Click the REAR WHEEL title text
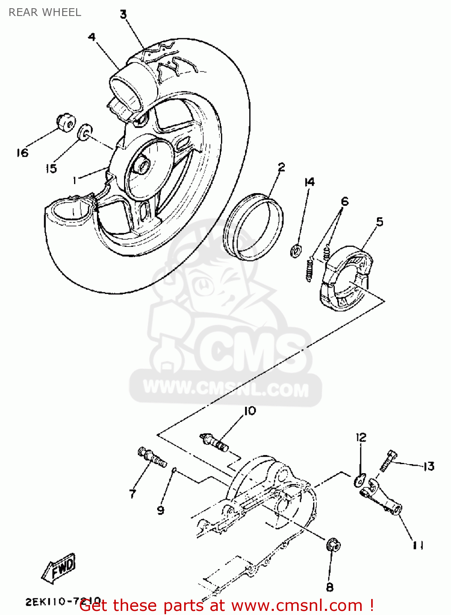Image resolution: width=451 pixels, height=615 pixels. pos(45,12)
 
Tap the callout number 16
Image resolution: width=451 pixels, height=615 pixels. pos(22,153)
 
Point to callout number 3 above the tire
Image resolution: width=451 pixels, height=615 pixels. pos(123,15)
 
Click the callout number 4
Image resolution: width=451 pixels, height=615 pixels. pos(92,37)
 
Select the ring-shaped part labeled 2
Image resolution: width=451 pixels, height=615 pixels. pos(253,228)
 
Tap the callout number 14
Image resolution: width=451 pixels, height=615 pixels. pos(309,182)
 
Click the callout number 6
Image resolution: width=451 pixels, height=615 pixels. pos(345,201)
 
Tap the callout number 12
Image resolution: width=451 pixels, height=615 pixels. pos(361,437)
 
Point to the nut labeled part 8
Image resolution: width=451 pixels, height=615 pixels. pos(333,545)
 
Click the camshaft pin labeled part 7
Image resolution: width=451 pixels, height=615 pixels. pos(152,458)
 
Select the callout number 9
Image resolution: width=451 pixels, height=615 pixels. pos(160,510)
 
